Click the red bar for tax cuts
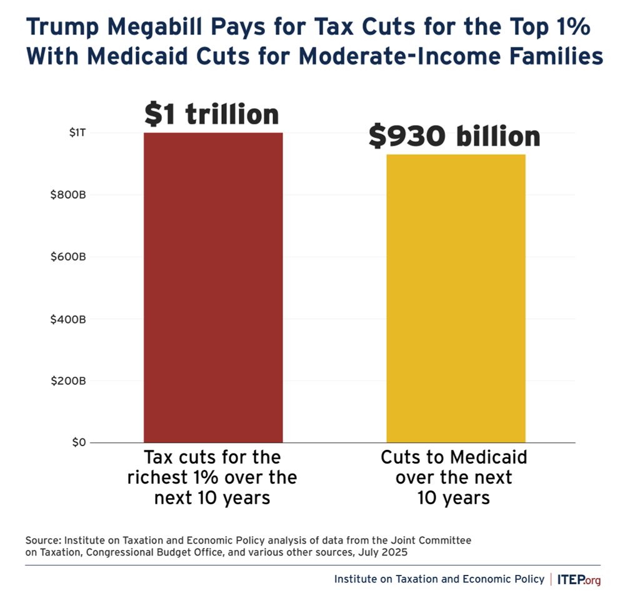(213, 287)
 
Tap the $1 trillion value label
(212, 114)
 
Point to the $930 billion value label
(454, 136)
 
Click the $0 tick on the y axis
(77, 442)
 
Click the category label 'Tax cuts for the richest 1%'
(212, 477)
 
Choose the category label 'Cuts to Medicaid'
(454, 457)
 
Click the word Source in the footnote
(41, 539)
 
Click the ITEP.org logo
(579, 579)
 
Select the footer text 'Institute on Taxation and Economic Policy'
(439, 579)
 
